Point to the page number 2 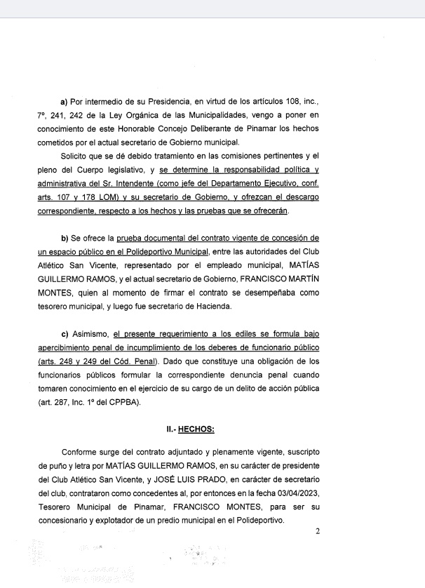tap(317, 531)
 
